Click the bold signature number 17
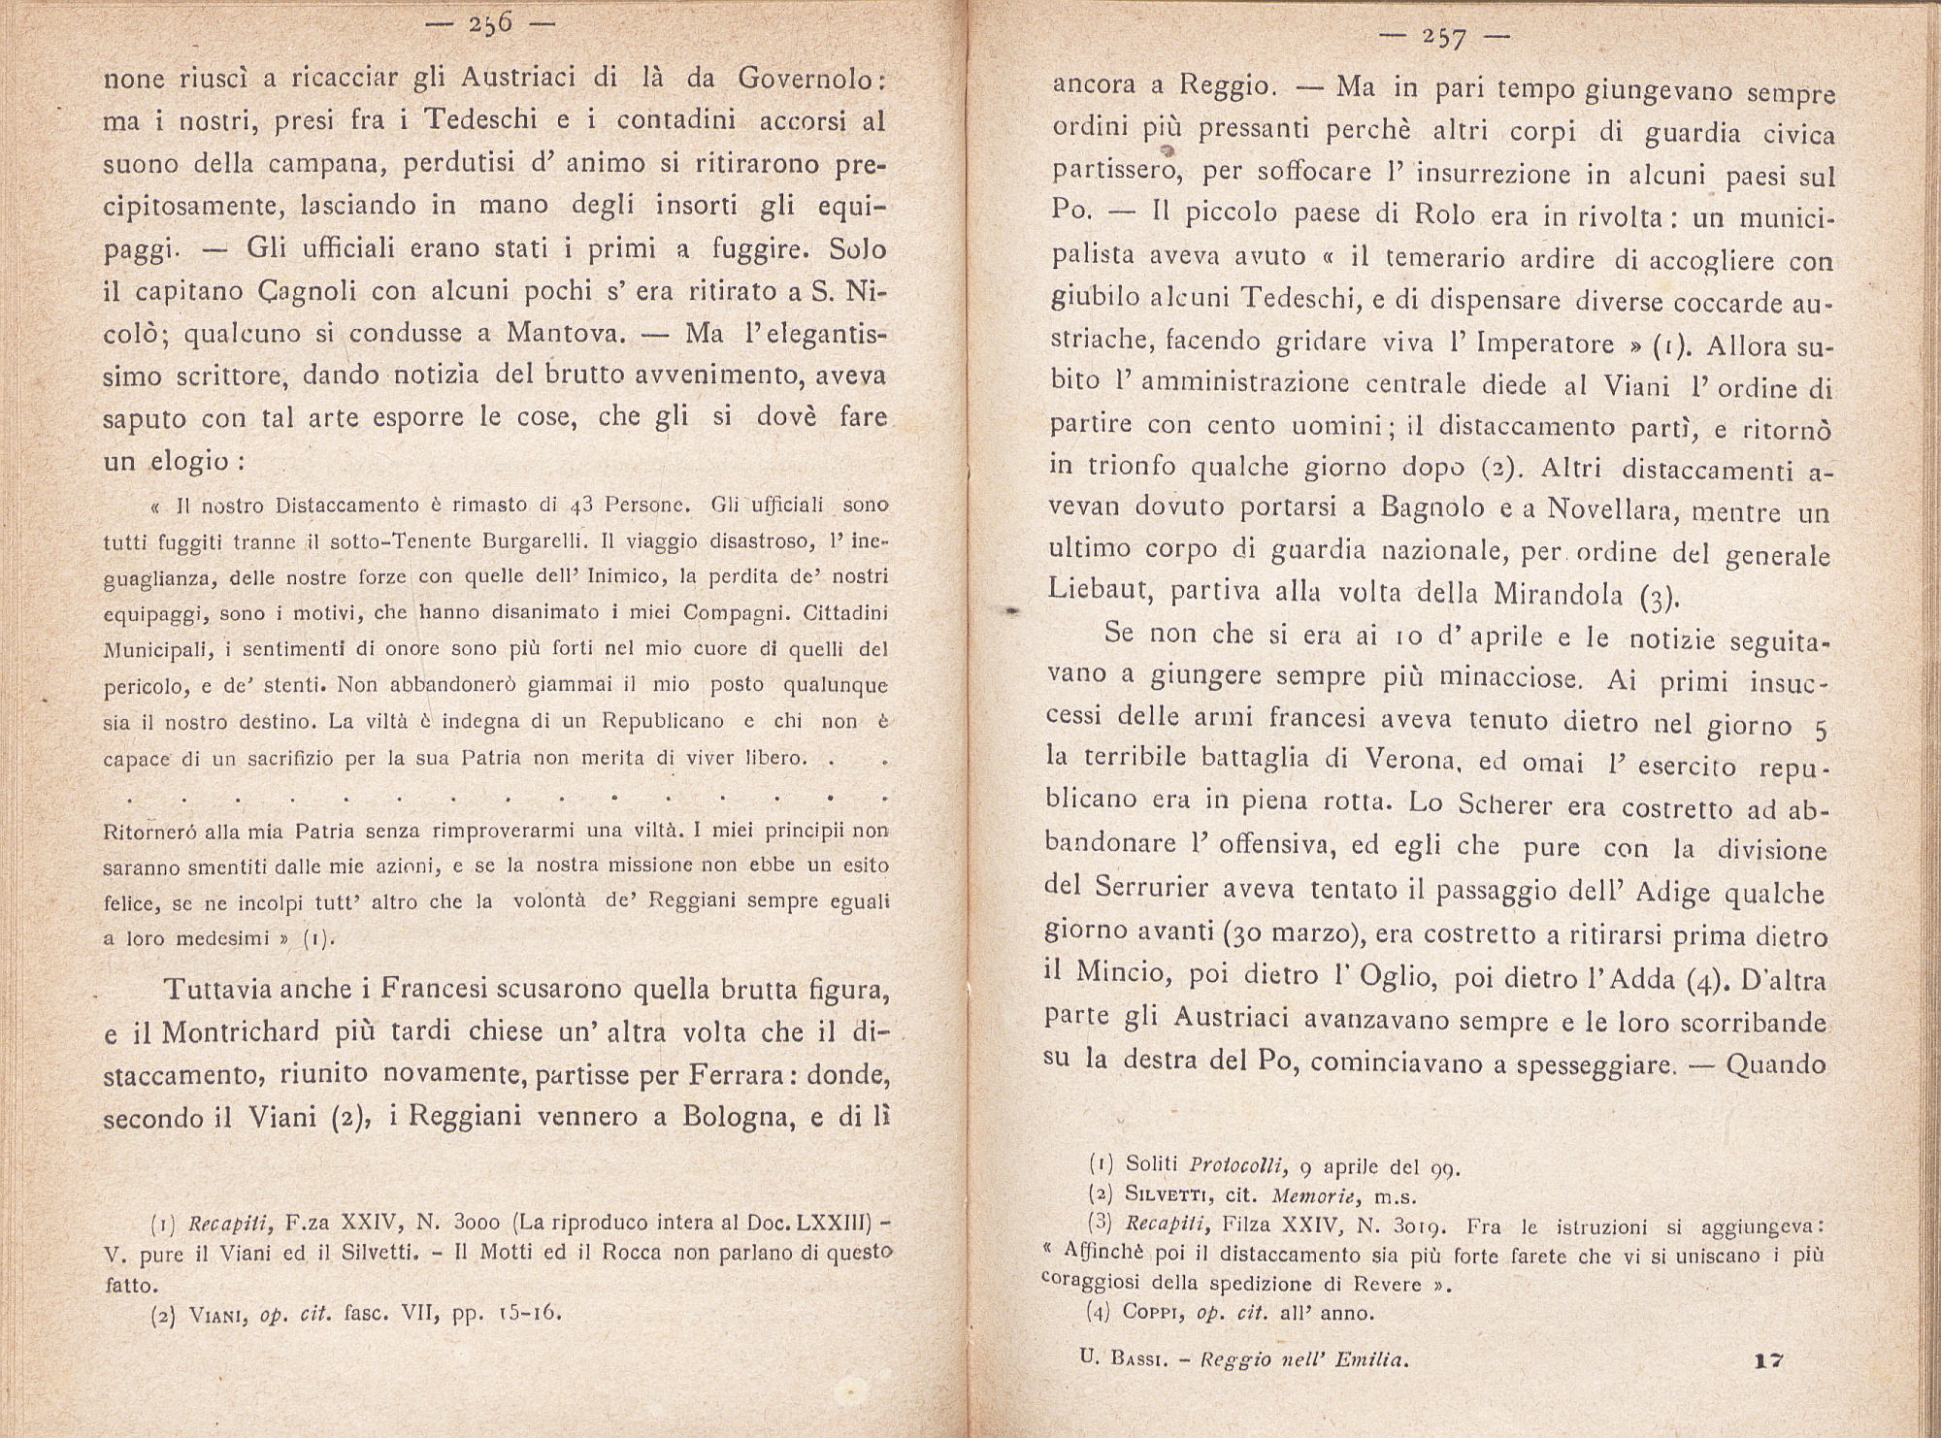pos(1769,1361)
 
